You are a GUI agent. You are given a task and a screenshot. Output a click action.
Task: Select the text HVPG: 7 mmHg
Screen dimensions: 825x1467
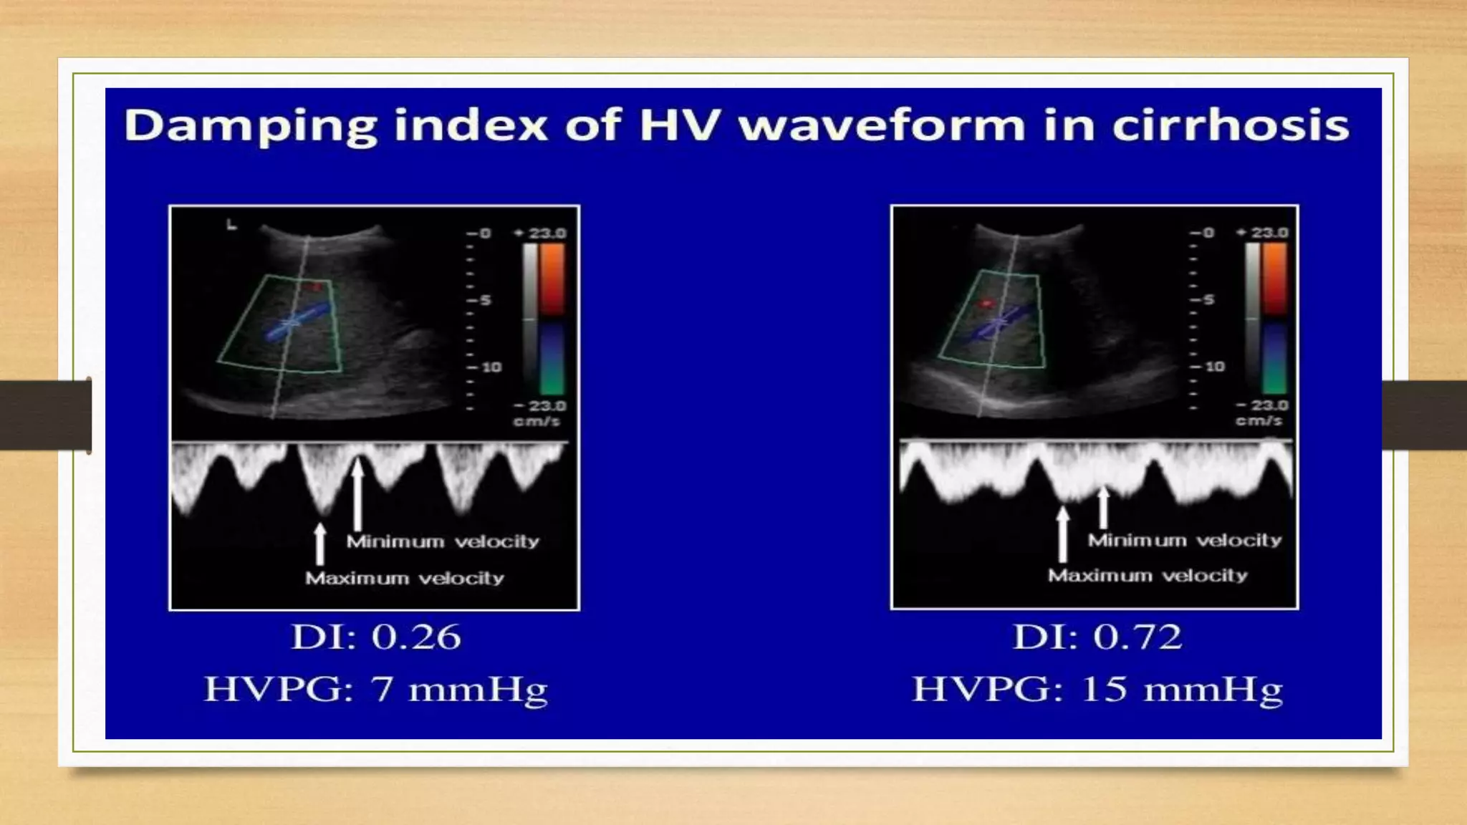[x=375, y=689]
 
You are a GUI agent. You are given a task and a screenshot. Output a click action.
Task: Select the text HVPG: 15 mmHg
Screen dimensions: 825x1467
[x=1097, y=689]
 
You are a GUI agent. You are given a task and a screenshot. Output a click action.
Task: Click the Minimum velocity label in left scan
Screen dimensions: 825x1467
[x=443, y=541]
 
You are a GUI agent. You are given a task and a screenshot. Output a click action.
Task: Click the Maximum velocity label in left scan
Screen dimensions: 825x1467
[x=405, y=578]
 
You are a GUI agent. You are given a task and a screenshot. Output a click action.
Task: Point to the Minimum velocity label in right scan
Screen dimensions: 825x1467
[x=1185, y=540]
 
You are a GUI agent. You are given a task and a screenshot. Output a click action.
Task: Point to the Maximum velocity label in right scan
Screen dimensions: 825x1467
[x=1148, y=575]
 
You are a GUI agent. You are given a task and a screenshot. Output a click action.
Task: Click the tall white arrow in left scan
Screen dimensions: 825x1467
[x=357, y=494]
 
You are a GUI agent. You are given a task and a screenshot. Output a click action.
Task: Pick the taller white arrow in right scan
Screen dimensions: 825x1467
[x=1063, y=534]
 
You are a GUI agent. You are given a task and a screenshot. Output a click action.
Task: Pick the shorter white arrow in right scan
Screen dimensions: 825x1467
[x=1104, y=506]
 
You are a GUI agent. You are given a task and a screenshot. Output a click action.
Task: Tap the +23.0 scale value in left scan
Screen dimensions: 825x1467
[x=541, y=233]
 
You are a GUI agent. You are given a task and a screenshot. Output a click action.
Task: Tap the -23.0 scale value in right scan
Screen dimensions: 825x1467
[x=1262, y=405]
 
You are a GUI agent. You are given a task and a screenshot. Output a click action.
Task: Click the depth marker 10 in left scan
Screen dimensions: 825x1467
[x=491, y=367]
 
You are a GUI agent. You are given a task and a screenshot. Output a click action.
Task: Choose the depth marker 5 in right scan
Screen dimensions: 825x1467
[x=1208, y=299]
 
